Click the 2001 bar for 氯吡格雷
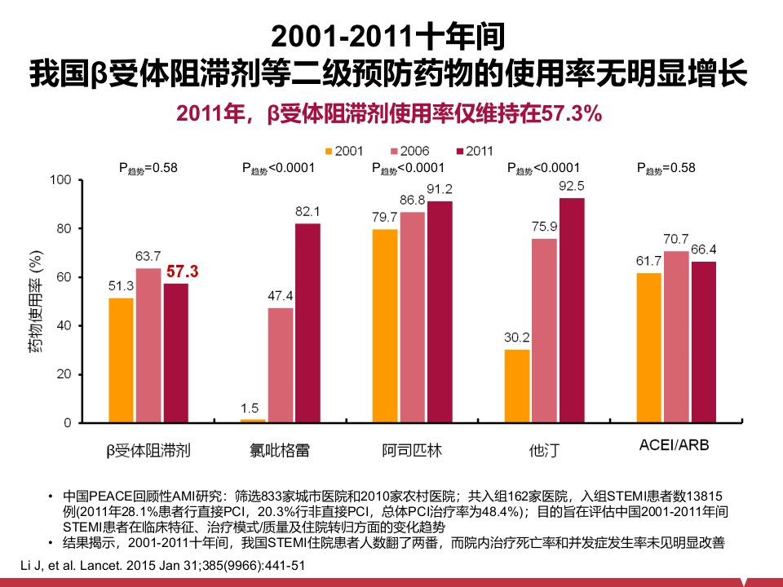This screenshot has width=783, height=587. (x=253, y=421)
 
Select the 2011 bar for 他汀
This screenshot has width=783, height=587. (x=572, y=311)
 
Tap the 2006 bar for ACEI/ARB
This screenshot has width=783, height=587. (x=676, y=337)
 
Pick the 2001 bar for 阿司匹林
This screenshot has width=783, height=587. (x=385, y=326)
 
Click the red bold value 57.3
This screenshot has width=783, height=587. (x=182, y=271)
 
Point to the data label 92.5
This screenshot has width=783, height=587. (x=572, y=186)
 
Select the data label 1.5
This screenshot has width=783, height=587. (x=250, y=408)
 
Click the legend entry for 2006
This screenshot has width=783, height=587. (x=409, y=151)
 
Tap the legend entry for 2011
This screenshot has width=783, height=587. (x=475, y=151)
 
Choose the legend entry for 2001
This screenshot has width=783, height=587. (x=344, y=151)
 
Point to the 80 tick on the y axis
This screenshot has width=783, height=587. (x=64, y=228)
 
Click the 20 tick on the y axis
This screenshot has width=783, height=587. (x=64, y=374)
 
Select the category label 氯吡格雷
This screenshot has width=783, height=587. (x=280, y=450)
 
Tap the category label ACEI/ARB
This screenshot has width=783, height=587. (x=675, y=445)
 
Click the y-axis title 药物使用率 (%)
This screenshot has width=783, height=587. (x=35, y=302)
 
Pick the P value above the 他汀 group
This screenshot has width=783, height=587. (x=543, y=168)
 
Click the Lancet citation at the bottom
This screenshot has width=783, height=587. (x=163, y=566)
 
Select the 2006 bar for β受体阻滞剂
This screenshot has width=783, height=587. (x=148, y=346)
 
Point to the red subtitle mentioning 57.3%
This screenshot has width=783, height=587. (x=389, y=114)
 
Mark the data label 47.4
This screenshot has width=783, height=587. (x=280, y=296)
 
